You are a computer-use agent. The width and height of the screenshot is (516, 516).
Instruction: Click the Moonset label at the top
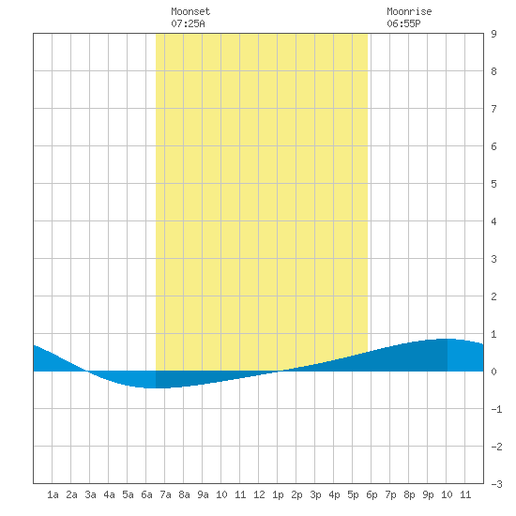190,11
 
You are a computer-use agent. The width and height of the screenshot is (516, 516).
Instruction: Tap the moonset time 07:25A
188,23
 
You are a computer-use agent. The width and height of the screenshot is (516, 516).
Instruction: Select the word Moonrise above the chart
409,11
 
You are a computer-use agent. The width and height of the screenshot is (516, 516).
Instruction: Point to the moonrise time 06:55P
403,23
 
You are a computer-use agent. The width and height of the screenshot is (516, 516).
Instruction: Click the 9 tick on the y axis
493,34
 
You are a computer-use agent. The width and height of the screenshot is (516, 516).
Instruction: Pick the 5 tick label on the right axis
493,184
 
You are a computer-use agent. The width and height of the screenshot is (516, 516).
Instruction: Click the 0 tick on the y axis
493,372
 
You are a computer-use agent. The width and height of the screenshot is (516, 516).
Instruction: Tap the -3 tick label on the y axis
496,484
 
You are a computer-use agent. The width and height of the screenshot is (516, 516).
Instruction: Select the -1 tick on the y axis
496,409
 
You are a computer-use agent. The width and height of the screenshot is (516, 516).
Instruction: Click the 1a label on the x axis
53,494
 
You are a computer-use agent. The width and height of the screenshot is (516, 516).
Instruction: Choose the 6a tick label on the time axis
146,494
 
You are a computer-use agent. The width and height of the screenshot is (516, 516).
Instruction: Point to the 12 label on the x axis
259,494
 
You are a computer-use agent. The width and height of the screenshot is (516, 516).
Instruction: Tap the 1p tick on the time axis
278,494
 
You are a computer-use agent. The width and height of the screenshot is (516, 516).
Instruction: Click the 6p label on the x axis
372,494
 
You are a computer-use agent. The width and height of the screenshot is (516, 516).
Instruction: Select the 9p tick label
428,494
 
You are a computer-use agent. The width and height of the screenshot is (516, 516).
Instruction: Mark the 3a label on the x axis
90,494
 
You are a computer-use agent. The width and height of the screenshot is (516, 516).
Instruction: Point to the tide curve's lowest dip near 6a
153,388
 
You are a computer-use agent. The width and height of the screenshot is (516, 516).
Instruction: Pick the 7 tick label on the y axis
493,109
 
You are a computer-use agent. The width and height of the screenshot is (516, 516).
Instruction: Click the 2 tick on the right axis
493,296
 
